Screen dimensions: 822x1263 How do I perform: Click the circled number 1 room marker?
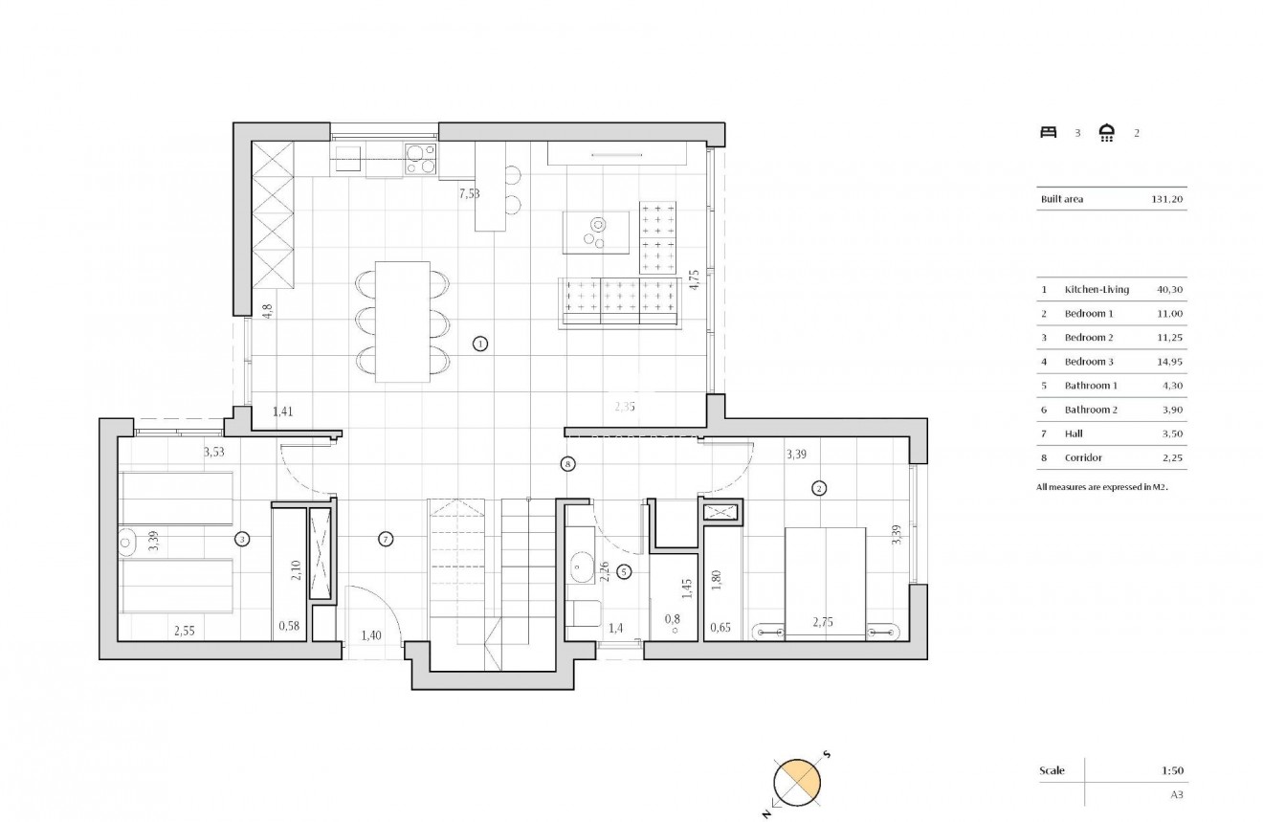pyautogui.click(x=480, y=344)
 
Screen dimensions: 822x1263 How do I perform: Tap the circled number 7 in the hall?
pyautogui.click(x=386, y=539)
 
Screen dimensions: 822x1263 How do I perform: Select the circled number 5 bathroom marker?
pyautogui.click(x=624, y=572)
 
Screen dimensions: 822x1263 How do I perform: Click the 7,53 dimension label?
pyautogui.click(x=469, y=193)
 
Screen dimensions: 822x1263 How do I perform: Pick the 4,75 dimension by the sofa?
pyautogui.click(x=694, y=279)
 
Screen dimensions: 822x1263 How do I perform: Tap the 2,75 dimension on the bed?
pyautogui.click(x=824, y=623)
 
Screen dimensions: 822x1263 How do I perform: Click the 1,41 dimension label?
pyautogui.click(x=283, y=412)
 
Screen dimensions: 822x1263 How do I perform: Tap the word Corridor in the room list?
pyautogui.click(x=1082, y=457)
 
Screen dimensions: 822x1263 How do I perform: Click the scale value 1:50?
pyautogui.click(x=1171, y=770)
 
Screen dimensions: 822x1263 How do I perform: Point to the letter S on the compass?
pyautogui.click(x=827, y=754)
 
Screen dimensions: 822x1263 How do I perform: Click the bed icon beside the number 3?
pyautogui.click(x=1048, y=133)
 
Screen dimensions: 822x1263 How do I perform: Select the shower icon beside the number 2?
pyautogui.click(x=1107, y=133)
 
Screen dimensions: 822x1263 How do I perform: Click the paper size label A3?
pyautogui.click(x=1177, y=793)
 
